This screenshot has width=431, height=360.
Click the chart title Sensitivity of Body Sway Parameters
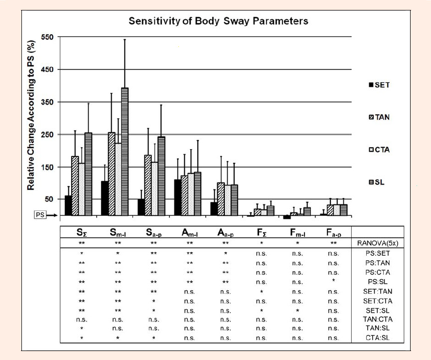[x=218, y=21]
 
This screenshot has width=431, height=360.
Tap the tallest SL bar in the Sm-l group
[x=125, y=152]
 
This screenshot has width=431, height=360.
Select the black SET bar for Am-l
[x=177, y=197]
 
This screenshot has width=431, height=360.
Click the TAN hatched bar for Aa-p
[x=221, y=199]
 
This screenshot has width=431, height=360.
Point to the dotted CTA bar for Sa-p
[x=155, y=188]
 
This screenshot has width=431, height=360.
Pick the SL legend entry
[x=377, y=182]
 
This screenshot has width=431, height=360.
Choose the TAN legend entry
[x=379, y=117]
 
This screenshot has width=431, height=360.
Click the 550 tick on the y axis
[x=47, y=37]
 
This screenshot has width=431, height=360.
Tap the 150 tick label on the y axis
[x=47, y=167]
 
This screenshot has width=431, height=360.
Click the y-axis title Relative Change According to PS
[x=31, y=115]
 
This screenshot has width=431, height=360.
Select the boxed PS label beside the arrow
[x=40, y=215]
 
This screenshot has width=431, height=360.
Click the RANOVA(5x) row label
[x=377, y=243]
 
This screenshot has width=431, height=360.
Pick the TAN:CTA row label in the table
[x=377, y=319]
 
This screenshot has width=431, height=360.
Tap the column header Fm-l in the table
[x=297, y=233]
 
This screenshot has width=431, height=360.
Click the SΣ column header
[x=82, y=233]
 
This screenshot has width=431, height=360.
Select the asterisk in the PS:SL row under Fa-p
[x=333, y=281]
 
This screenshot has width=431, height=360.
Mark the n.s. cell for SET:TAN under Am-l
[x=189, y=292]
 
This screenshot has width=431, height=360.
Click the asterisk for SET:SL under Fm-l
[x=297, y=311]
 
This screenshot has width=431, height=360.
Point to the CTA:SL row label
[x=377, y=338]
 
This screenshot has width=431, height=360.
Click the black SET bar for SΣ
[x=68, y=205]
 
